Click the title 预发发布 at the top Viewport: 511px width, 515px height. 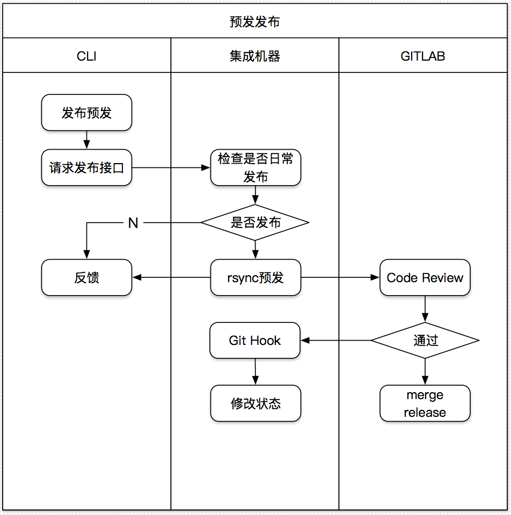(x=255, y=22)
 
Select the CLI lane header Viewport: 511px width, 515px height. (x=87, y=56)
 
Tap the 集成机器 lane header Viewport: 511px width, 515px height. (x=255, y=56)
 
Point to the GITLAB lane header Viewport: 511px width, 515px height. (x=423, y=56)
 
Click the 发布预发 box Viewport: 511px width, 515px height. (x=87, y=113)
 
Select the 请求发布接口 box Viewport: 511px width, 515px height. (x=87, y=168)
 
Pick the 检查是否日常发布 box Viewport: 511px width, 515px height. (x=255, y=168)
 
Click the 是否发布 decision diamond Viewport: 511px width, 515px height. (x=255, y=222)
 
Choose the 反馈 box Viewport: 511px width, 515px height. (x=87, y=278)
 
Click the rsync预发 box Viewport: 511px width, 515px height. (x=255, y=278)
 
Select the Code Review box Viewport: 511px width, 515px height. (x=425, y=278)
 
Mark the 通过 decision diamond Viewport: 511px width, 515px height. (x=425, y=341)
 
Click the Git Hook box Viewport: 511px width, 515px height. (x=255, y=341)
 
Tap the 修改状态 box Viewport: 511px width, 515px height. (x=255, y=403)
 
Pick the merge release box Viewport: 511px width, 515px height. (x=425, y=403)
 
